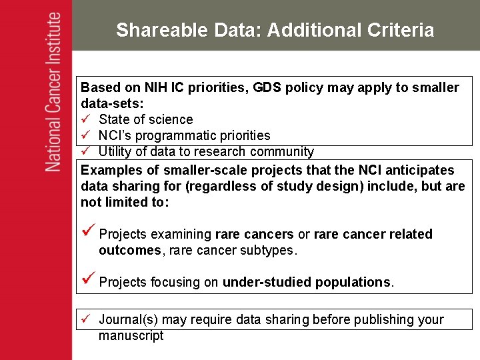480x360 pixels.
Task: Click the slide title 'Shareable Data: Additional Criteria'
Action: coord(275,30)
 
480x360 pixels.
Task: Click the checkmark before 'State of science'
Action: coord(85,119)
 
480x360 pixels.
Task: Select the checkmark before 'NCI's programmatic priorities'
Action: coord(85,135)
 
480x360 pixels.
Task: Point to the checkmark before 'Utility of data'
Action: coord(85,151)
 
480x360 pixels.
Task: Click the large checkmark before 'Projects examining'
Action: coord(87,233)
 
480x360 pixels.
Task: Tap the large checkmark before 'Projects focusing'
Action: coord(87,281)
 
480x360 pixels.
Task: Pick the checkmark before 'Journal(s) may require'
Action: coord(85,319)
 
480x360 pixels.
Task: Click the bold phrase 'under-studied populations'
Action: coord(307,282)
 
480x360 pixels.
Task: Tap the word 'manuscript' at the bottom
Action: coord(131,335)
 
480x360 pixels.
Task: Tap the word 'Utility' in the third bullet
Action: coord(115,151)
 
